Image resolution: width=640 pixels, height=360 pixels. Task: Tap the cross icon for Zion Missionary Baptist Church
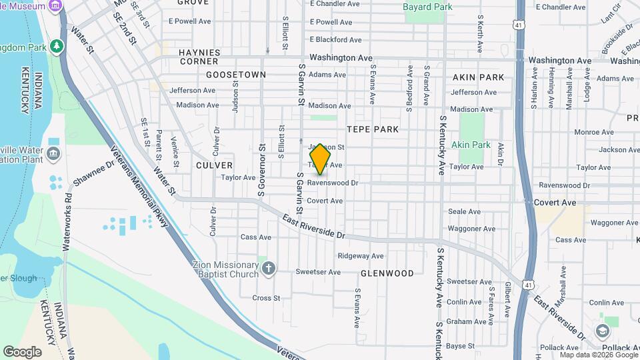tap(269, 269)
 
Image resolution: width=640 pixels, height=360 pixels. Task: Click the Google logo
tap(22, 351)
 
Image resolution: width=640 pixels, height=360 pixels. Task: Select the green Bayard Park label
tap(427, 7)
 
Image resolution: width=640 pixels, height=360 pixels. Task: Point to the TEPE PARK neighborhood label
tap(372, 129)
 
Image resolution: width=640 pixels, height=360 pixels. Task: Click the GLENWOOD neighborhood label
tap(387, 273)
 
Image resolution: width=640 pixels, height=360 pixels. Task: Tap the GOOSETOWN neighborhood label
tap(236, 75)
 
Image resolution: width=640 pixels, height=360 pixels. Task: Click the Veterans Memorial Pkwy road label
tap(139, 188)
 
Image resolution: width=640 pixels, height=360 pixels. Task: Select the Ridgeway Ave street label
tap(361, 255)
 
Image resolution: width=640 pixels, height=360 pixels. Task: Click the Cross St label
tap(266, 298)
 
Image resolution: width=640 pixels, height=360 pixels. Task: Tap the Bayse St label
tap(460, 346)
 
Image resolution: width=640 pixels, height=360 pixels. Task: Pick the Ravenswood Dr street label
tap(333, 183)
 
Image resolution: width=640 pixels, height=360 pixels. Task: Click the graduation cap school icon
tap(603, 331)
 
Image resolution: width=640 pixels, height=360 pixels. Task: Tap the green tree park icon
tap(58, 46)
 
